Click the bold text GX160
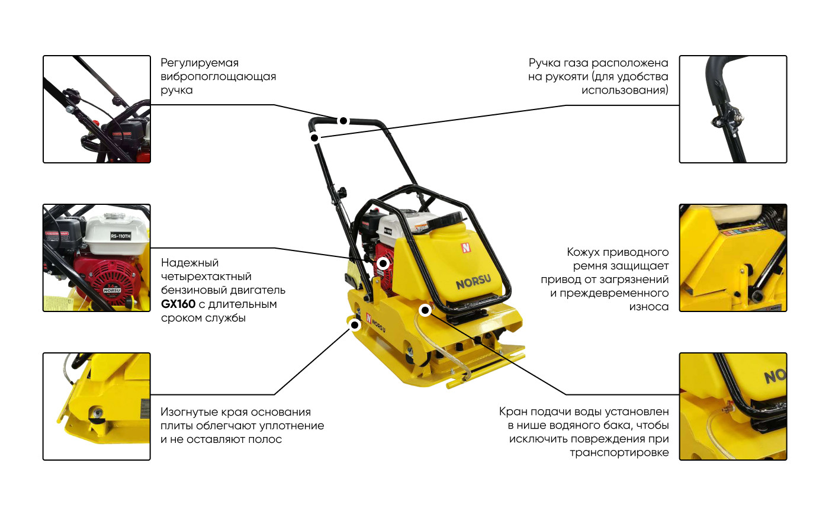point(178,304)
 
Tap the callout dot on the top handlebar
point(343,121)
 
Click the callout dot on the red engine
point(383,263)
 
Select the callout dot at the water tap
point(425,310)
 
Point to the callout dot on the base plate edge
point(355,325)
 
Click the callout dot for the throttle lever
point(314,138)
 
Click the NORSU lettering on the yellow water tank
point(473,282)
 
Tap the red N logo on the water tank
point(465,248)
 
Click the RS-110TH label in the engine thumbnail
point(121,236)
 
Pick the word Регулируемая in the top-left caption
point(200,63)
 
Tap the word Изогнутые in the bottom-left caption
point(189,412)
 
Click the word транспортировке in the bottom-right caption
point(619,452)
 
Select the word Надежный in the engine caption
point(190,263)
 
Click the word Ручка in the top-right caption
point(544,63)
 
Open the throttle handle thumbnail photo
point(733,109)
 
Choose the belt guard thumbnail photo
point(733,258)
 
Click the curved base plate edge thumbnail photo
point(97,406)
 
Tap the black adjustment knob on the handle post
point(342,192)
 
